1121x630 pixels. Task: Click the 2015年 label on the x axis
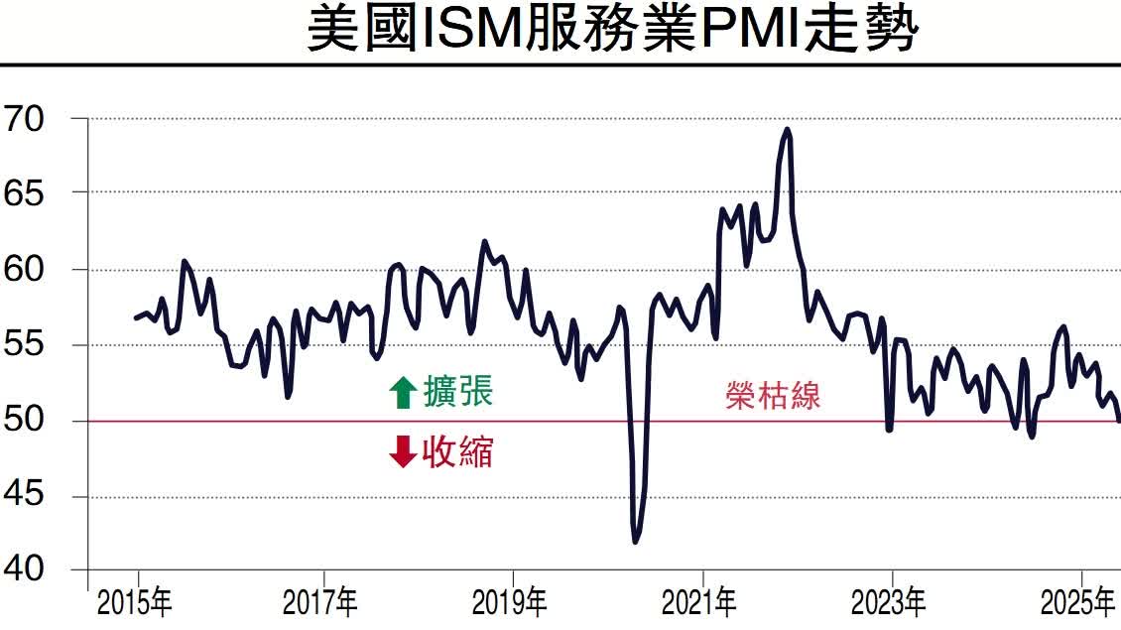point(134,601)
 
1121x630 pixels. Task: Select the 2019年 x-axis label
point(511,601)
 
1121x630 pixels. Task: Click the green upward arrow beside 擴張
point(402,393)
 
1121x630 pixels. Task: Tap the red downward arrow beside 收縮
point(402,452)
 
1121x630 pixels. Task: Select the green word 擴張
point(457,391)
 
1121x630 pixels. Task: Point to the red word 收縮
point(457,452)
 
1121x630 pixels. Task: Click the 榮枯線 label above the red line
point(773,396)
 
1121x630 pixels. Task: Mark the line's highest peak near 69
point(787,129)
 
